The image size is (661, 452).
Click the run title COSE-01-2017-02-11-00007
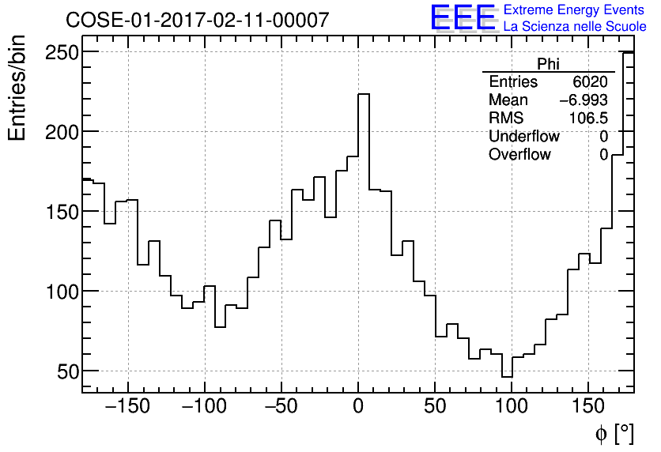click(x=197, y=21)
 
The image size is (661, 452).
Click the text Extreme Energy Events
click(x=575, y=10)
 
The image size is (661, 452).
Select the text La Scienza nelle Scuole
click(x=575, y=27)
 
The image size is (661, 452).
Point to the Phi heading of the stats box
click(x=548, y=64)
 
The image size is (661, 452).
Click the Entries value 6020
click(x=591, y=82)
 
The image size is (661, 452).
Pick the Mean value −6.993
click(x=584, y=100)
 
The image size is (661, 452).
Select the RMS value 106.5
click(x=588, y=119)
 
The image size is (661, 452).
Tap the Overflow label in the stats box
click(x=519, y=155)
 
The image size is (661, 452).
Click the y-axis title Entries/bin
click(x=18, y=88)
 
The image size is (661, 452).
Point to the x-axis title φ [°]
click(x=614, y=433)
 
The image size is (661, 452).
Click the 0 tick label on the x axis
click(x=358, y=408)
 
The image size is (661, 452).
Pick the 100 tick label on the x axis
click(x=512, y=408)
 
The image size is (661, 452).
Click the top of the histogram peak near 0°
click(x=364, y=94)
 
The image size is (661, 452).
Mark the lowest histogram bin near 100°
click(x=507, y=377)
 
